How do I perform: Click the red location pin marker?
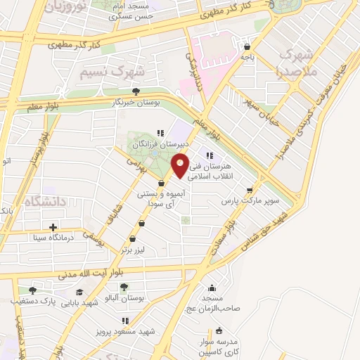(x=181, y=165)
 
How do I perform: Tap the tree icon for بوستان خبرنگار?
(x=136, y=91)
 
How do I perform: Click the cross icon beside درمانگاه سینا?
(x=53, y=227)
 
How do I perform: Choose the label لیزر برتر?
(x=135, y=249)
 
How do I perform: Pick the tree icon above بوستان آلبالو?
(x=124, y=287)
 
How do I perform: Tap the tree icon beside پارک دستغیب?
(x=32, y=290)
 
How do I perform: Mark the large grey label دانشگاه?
(x=44, y=202)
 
